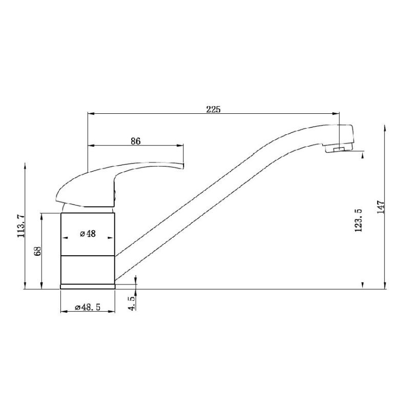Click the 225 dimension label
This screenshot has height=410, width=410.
[213, 109]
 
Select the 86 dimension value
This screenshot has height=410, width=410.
[135, 141]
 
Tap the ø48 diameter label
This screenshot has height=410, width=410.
[88, 234]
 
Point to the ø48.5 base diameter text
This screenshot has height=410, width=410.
[87, 307]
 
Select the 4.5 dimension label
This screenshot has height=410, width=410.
[132, 302]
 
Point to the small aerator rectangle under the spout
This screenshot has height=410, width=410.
[337, 149]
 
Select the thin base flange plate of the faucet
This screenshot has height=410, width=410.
[87, 286]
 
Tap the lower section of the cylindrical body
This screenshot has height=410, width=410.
[87, 269]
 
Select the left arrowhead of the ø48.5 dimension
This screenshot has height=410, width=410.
[63, 311]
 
